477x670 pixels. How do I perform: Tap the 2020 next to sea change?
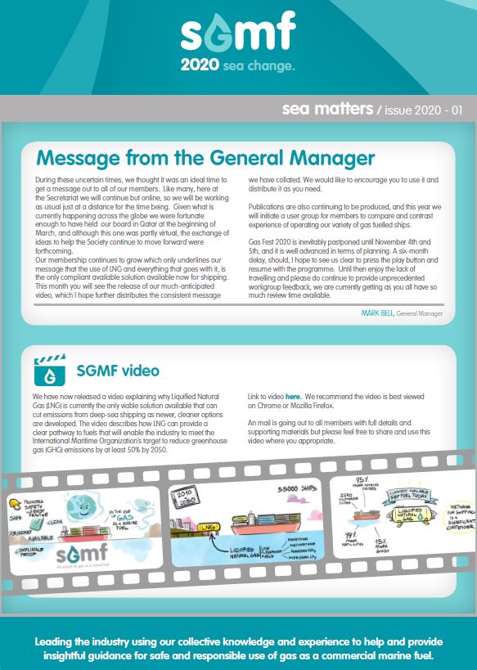tap(200, 64)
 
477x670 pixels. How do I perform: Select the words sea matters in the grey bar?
tap(320, 107)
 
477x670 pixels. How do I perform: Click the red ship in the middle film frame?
tap(262, 518)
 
